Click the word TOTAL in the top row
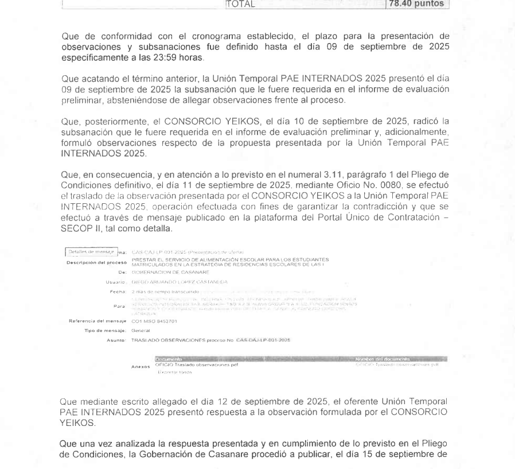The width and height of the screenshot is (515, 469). click(242, 5)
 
